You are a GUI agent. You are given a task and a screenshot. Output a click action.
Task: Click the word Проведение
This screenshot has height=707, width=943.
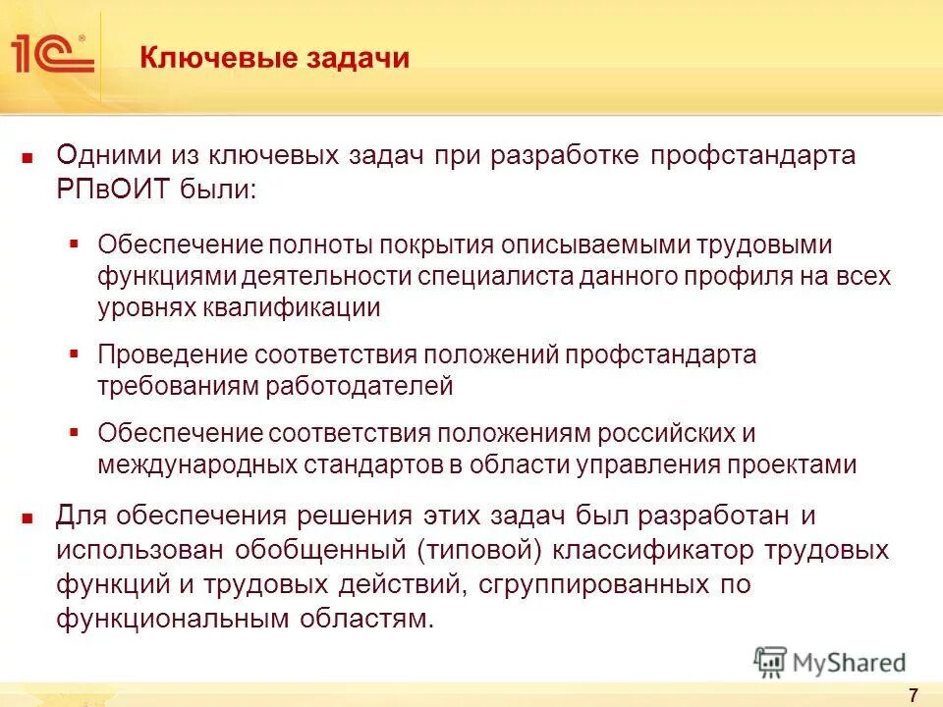click(x=173, y=353)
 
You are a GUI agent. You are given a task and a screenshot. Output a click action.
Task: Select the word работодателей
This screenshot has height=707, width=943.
click(x=361, y=385)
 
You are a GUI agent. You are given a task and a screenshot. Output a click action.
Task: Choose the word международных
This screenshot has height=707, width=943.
click(x=195, y=464)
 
